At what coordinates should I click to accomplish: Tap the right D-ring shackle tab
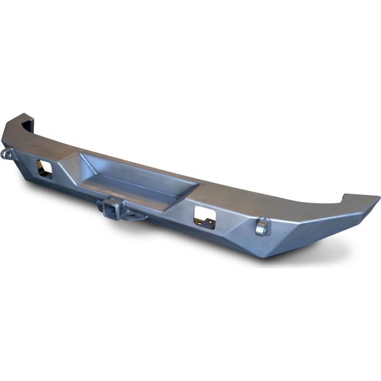(x=262, y=226)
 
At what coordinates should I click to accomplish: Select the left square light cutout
(x=44, y=169)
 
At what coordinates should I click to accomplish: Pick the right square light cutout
(x=205, y=217)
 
